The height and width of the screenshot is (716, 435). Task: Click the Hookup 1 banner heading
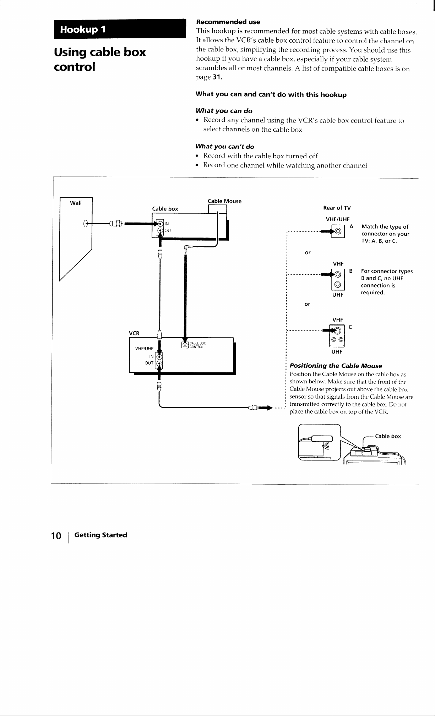click(x=83, y=29)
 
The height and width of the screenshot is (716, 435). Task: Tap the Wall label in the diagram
click(x=76, y=203)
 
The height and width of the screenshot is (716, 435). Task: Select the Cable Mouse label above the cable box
click(x=224, y=201)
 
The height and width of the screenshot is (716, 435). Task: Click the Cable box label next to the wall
click(x=165, y=209)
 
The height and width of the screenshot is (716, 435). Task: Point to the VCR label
click(x=134, y=333)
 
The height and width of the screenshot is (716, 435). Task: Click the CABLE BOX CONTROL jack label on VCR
click(x=197, y=345)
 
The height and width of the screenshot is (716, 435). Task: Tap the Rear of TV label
click(x=337, y=208)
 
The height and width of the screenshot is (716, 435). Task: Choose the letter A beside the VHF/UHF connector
click(x=351, y=226)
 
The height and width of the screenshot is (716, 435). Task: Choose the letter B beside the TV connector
click(x=351, y=271)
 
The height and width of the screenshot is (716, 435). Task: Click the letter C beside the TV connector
click(x=350, y=327)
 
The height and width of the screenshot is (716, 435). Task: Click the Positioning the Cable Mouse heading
click(x=336, y=366)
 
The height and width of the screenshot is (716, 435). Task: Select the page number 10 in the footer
click(x=56, y=536)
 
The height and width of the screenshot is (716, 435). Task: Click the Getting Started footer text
click(x=101, y=535)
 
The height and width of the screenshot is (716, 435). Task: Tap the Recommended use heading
click(x=228, y=22)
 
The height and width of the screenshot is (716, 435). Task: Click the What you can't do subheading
click(x=225, y=147)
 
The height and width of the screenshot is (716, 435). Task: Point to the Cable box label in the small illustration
click(x=388, y=436)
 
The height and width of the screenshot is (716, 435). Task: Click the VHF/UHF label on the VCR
click(x=144, y=348)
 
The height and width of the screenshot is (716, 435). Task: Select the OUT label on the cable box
click(x=169, y=230)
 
